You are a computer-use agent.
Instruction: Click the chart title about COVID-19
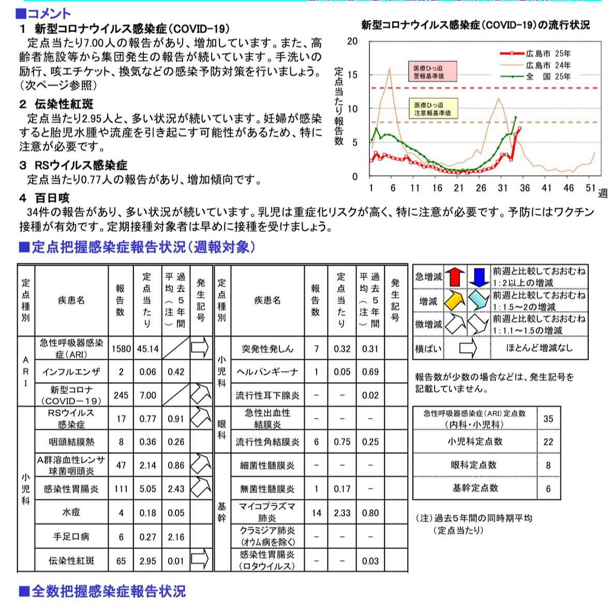pos(475,25)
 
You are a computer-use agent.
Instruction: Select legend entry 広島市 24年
pos(548,65)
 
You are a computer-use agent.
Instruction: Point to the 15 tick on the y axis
pos(352,75)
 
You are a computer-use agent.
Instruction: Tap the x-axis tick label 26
pos(481,188)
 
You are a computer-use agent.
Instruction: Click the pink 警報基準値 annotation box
pos(428,71)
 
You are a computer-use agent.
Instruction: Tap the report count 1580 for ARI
pos(121,349)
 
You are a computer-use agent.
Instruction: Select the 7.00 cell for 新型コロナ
pos(147,395)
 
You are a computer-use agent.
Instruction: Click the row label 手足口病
pos(71,537)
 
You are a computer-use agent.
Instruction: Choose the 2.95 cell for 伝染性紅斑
pos(147,561)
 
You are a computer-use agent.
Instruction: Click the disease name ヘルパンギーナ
pos(267,372)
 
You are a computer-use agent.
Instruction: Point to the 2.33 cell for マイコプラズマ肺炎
pos(342,513)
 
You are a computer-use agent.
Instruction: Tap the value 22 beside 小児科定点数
pos(548,442)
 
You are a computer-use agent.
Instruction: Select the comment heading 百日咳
pos(52,198)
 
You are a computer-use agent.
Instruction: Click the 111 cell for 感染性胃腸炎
pos(121,489)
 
